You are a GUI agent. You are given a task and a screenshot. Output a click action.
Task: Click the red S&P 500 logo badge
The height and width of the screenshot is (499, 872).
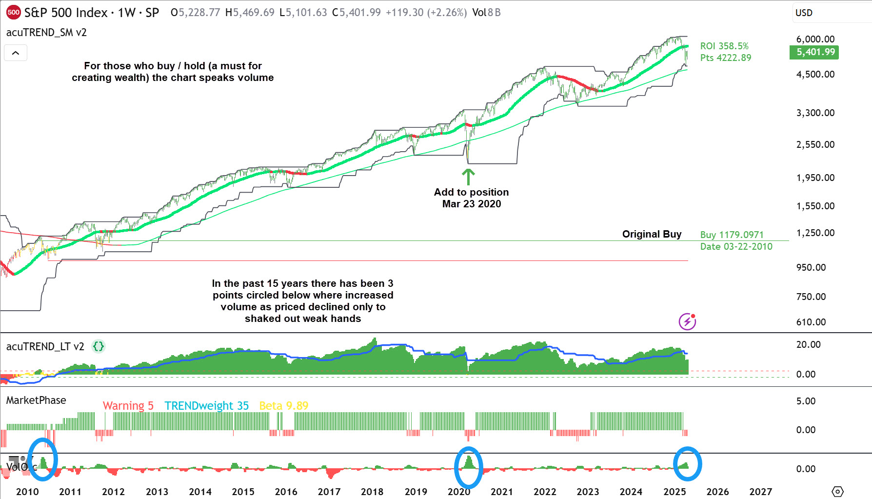coord(13,13)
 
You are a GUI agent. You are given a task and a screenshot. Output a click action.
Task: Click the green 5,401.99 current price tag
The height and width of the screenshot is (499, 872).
coord(813,52)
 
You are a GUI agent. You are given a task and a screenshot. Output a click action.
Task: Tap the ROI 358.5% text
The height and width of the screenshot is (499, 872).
coord(724,46)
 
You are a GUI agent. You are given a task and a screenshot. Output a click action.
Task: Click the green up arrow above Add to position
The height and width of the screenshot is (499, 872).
coord(468,177)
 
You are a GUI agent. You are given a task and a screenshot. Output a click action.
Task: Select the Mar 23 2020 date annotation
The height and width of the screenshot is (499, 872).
coord(471,204)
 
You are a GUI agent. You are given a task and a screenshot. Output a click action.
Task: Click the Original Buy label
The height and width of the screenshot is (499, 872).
coord(652,234)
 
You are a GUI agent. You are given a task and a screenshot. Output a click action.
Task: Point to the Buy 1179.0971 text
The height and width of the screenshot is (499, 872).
coord(732,235)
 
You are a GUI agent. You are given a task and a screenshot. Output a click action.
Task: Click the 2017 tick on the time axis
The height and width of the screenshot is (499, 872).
coord(329,492)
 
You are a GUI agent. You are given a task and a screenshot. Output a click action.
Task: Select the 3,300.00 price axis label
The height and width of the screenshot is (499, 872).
coord(815,113)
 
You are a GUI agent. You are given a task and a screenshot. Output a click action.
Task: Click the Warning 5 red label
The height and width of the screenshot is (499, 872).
coord(128,406)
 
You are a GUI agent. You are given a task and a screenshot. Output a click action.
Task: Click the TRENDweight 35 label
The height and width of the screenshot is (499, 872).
coord(206,406)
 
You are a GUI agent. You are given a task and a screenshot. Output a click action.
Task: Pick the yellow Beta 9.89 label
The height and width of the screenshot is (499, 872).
coord(283,406)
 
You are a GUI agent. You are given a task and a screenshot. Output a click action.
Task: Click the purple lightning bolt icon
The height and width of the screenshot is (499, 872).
coord(687,321)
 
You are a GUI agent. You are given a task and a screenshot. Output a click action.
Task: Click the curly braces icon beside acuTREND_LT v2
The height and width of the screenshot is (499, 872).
coord(99,346)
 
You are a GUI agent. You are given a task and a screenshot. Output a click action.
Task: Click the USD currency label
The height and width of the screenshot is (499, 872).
coord(804,13)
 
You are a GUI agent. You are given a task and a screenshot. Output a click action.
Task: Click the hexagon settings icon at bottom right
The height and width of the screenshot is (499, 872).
coord(837,492)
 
